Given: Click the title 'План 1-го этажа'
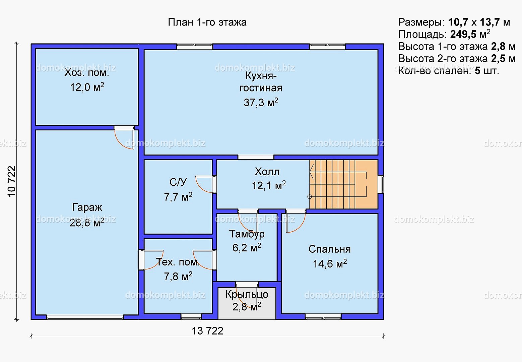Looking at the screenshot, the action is [207, 22].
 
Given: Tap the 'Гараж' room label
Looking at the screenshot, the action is [87, 207].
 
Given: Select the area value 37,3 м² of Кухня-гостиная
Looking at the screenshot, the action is [261, 102].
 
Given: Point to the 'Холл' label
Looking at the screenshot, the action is [267, 172].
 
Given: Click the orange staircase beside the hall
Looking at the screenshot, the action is [343, 184].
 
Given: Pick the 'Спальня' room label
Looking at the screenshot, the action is [329, 249].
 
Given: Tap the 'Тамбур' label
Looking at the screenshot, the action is [247, 234].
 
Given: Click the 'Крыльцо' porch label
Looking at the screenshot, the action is [247, 295].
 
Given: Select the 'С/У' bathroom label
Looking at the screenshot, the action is [178, 182].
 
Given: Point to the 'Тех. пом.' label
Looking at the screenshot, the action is [178, 262].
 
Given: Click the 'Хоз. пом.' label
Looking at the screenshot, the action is [87, 72].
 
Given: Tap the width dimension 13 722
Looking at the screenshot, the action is [207, 331].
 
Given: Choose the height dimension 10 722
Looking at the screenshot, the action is [11, 181].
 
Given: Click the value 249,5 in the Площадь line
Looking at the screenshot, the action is [463, 34].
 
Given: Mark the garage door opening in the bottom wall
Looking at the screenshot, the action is [85, 317].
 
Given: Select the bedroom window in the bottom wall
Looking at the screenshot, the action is [323, 316].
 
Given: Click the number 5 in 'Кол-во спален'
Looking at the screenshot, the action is [477, 71].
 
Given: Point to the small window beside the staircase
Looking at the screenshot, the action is [381, 184].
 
